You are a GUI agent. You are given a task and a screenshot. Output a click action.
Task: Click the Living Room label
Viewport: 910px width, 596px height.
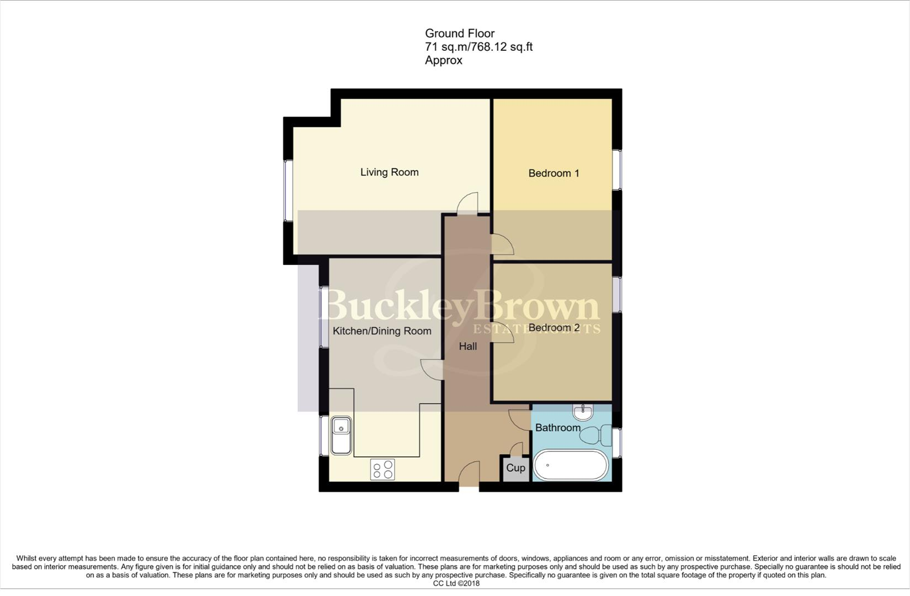click(389, 172)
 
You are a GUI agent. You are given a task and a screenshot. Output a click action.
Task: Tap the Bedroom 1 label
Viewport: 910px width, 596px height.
click(554, 173)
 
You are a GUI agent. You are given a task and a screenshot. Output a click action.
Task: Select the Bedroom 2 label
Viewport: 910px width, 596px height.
click(554, 328)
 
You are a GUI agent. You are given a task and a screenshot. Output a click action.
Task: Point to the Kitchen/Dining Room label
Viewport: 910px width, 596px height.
click(382, 331)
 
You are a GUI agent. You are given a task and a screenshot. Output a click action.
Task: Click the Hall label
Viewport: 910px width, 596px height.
click(468, 347)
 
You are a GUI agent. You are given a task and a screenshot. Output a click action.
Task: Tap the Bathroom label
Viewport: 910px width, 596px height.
click(557, 428)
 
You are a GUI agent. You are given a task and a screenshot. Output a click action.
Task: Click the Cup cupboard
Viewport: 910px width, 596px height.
click(515, 468)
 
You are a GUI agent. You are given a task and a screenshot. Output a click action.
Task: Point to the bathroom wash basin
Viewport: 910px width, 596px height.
click(583, 411)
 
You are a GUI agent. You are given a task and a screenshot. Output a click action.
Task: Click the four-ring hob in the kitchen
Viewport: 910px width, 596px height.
click(382, 470)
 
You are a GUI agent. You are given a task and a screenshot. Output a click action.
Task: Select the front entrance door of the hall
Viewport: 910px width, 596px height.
click(469, 475)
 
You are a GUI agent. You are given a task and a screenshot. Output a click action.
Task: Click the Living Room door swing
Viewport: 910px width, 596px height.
click(467, 202)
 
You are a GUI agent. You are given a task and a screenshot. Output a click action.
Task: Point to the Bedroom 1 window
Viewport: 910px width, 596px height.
click(617, 169)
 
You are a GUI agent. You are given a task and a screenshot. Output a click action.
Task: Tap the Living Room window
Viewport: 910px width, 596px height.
click(288, 191)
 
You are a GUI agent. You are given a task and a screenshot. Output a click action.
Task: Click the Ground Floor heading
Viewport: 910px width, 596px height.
click(459, 34)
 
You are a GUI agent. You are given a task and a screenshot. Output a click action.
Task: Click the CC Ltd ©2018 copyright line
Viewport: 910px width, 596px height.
click(456, 583)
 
